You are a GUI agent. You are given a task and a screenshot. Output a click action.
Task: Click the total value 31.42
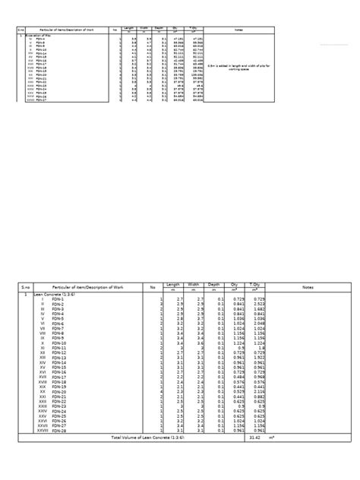(x=256, y=438)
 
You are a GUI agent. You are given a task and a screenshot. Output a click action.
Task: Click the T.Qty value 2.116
(x=259, y=391)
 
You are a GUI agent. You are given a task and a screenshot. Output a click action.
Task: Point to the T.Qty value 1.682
(x=259, y=310)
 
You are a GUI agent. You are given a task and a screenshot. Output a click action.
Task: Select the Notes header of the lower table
(x=307, y=287)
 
